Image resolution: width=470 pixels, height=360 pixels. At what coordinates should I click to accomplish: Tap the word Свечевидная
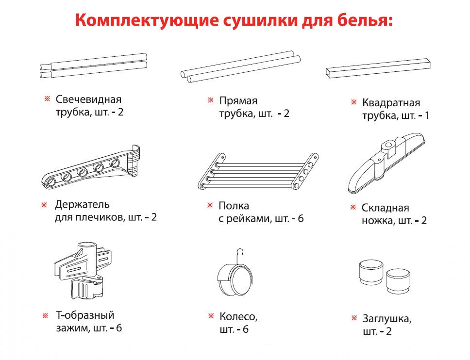click(x=88, y=99)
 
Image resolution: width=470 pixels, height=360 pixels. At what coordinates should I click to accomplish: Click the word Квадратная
click(x=391, y=103)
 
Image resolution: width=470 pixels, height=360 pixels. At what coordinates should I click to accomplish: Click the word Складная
click(x=385, y=208)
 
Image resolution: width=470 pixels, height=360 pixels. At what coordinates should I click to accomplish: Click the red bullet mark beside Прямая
click(x=211, y=100)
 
